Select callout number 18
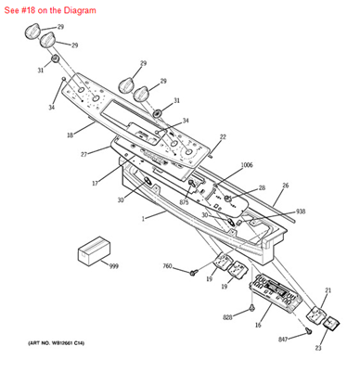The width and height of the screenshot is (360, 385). pyautogui.click(x=69, y=135)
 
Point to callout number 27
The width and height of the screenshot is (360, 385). pyautogui.click(x=83, y=153)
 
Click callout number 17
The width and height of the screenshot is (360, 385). pyautogui.click(x=95, y=183)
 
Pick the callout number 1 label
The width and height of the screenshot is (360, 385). pyautogui.click(x=143, y=219)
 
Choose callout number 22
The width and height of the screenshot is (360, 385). pyautogui.click(x=222, y=137)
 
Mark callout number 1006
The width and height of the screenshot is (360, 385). pyautogui.click(x=246, y=166)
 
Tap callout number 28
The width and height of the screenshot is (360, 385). pyautogui.click(x=262, y=187)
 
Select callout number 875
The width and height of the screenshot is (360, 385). pyautogui.click(x=185, y=202)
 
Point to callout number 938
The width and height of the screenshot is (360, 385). pyautogui.click(x=301, y=211)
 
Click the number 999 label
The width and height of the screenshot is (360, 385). pyautogui.click(x=113, y=265)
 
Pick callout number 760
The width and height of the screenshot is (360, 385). pyautogui.click(x=168, y=267)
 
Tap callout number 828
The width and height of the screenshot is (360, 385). pyautogui.click(x=227, y=317)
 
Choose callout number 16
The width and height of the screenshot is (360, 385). pyautogui.click(x=258, y=326)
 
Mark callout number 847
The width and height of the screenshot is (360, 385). pyautogui.click(x=283, y=340)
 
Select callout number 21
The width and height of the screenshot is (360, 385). pyautogui.click(x=327, y=290)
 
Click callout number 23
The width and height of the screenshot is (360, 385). pyautogui.click(x=317, y=348)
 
